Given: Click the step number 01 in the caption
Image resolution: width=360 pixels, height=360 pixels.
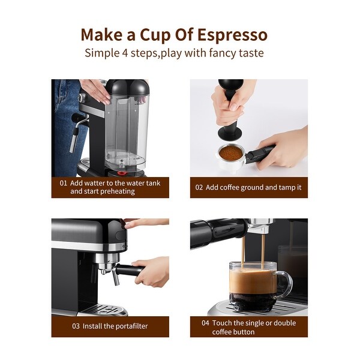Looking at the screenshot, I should point(63,182).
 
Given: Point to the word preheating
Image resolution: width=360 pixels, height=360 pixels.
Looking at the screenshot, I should point(115,191).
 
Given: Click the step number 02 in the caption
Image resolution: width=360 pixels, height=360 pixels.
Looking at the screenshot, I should point(199,187).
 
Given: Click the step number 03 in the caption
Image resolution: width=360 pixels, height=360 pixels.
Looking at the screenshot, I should point(76,326).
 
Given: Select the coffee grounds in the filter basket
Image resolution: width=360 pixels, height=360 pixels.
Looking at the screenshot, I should point(230,153).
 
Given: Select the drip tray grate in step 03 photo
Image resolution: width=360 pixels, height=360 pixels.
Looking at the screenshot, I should point(105,310).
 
